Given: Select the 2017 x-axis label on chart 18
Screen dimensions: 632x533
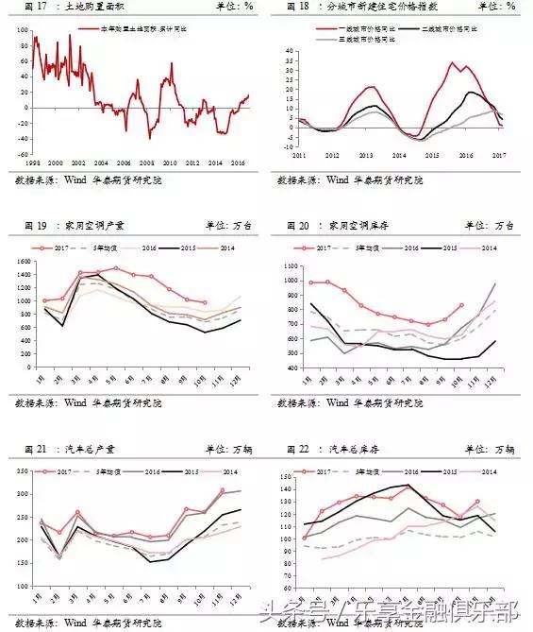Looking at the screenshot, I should point(499,154).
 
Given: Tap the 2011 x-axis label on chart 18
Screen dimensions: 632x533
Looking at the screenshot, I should point(300,154).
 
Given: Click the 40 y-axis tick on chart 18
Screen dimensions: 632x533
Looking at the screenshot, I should point(287,45).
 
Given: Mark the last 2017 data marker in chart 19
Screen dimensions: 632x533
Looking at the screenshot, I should point(205,303).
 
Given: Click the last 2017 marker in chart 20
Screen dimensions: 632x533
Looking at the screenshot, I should point(460,305).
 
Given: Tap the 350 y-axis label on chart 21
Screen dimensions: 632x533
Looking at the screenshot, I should point(21,470).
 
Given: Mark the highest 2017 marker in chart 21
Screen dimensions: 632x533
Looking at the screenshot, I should point(222,490).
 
